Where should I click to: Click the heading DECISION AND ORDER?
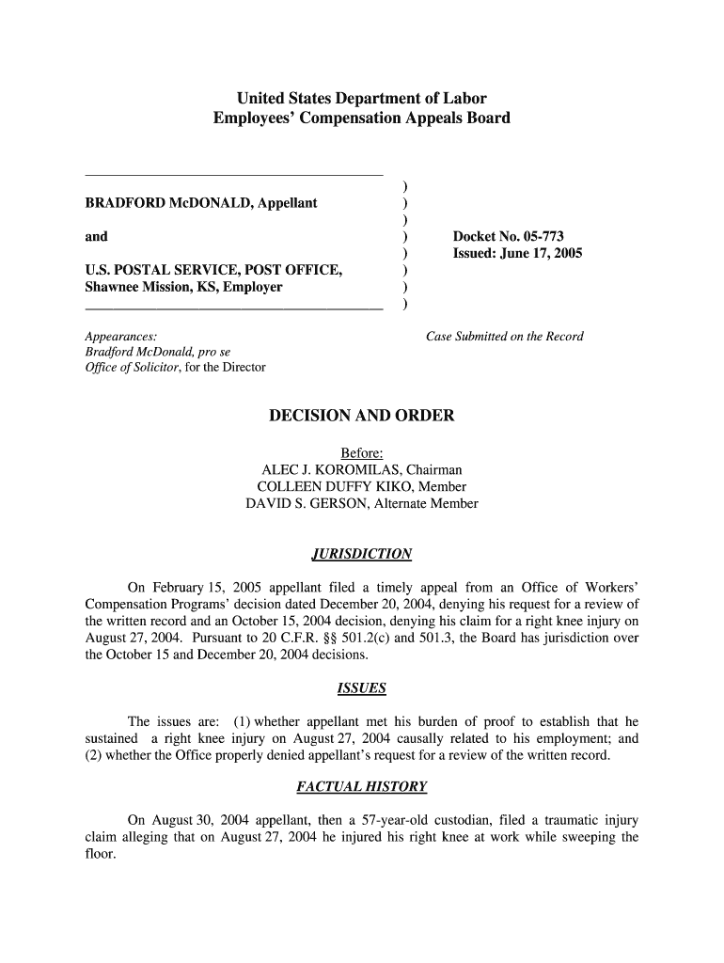(361, 416)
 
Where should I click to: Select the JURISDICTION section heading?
(361, 553)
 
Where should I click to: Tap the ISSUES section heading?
(361, 688)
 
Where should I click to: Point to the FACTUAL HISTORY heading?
(361, 786)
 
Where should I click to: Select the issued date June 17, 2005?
(551, 254)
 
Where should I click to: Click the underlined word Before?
(361, 452)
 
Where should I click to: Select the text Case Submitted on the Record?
(504, 337)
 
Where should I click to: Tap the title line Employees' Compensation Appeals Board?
(361, 118)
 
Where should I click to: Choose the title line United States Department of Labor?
(361, 99)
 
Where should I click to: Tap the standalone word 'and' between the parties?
(96, 237)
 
